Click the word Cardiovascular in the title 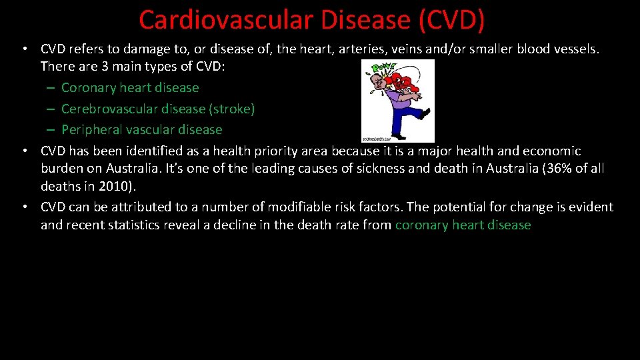226,20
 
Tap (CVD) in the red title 451,20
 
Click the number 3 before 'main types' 105,67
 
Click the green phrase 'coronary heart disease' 463,225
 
